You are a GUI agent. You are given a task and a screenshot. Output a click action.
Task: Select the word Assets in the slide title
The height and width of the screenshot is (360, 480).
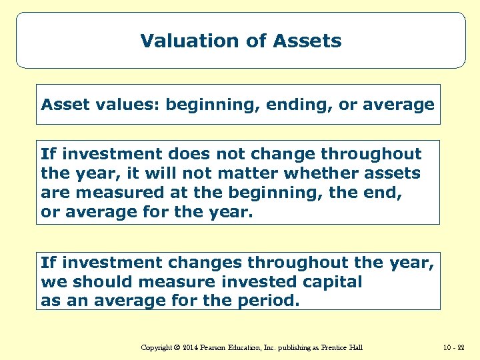[311, 41]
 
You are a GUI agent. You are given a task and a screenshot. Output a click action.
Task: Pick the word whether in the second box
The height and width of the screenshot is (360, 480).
[295, 173]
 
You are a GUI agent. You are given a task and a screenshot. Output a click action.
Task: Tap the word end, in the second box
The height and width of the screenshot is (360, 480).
[387, 193]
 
